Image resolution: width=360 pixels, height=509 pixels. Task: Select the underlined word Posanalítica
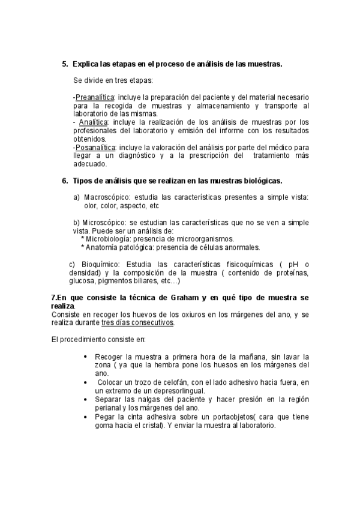96,146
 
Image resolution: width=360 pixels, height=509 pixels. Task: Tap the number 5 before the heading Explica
64,64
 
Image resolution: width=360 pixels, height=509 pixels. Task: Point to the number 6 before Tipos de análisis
64,181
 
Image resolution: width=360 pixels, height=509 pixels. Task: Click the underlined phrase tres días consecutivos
137,322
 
